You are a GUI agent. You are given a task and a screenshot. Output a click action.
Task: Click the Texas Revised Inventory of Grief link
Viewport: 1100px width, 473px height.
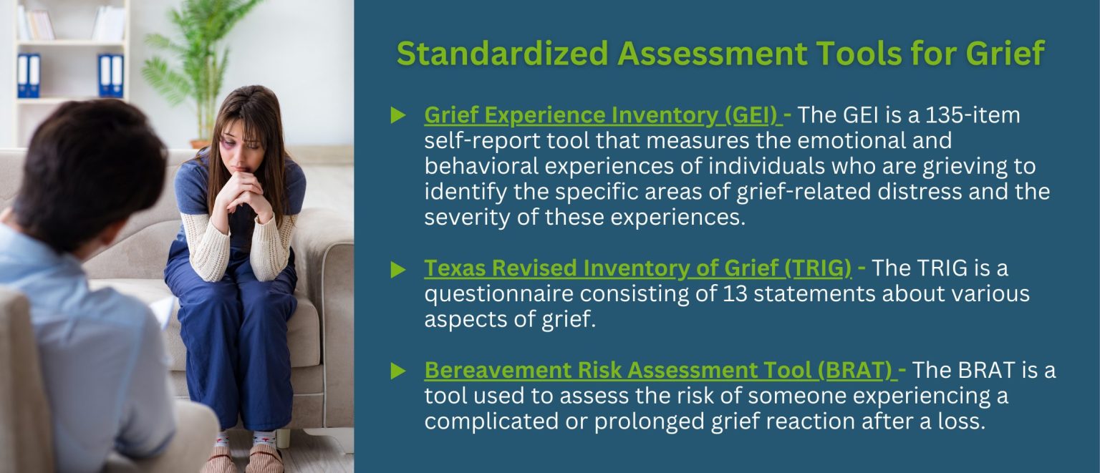click(637, 268)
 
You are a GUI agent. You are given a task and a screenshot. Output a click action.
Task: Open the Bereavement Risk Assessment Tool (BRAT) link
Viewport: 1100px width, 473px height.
click(658, 370)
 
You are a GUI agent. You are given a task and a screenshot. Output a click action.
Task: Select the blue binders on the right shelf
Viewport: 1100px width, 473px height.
click(111, 75)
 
